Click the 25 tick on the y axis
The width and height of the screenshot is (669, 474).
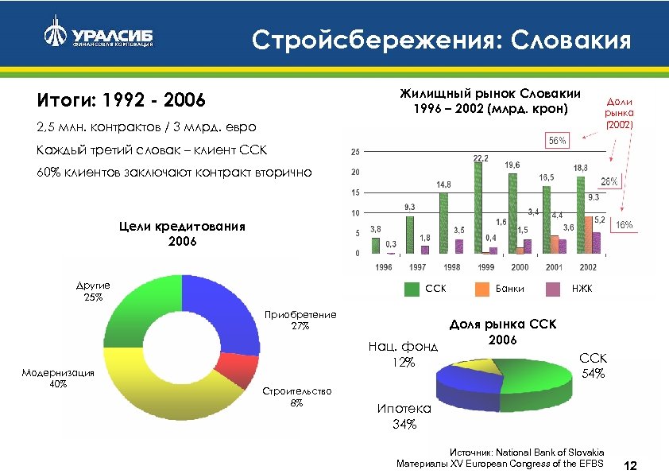pos(354,151)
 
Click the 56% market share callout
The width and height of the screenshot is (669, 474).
pos(557,140)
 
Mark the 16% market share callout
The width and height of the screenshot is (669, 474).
pos(624,225)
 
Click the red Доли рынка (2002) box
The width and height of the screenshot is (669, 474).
pos(621,113)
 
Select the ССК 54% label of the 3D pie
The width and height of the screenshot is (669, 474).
pos(592,366)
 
